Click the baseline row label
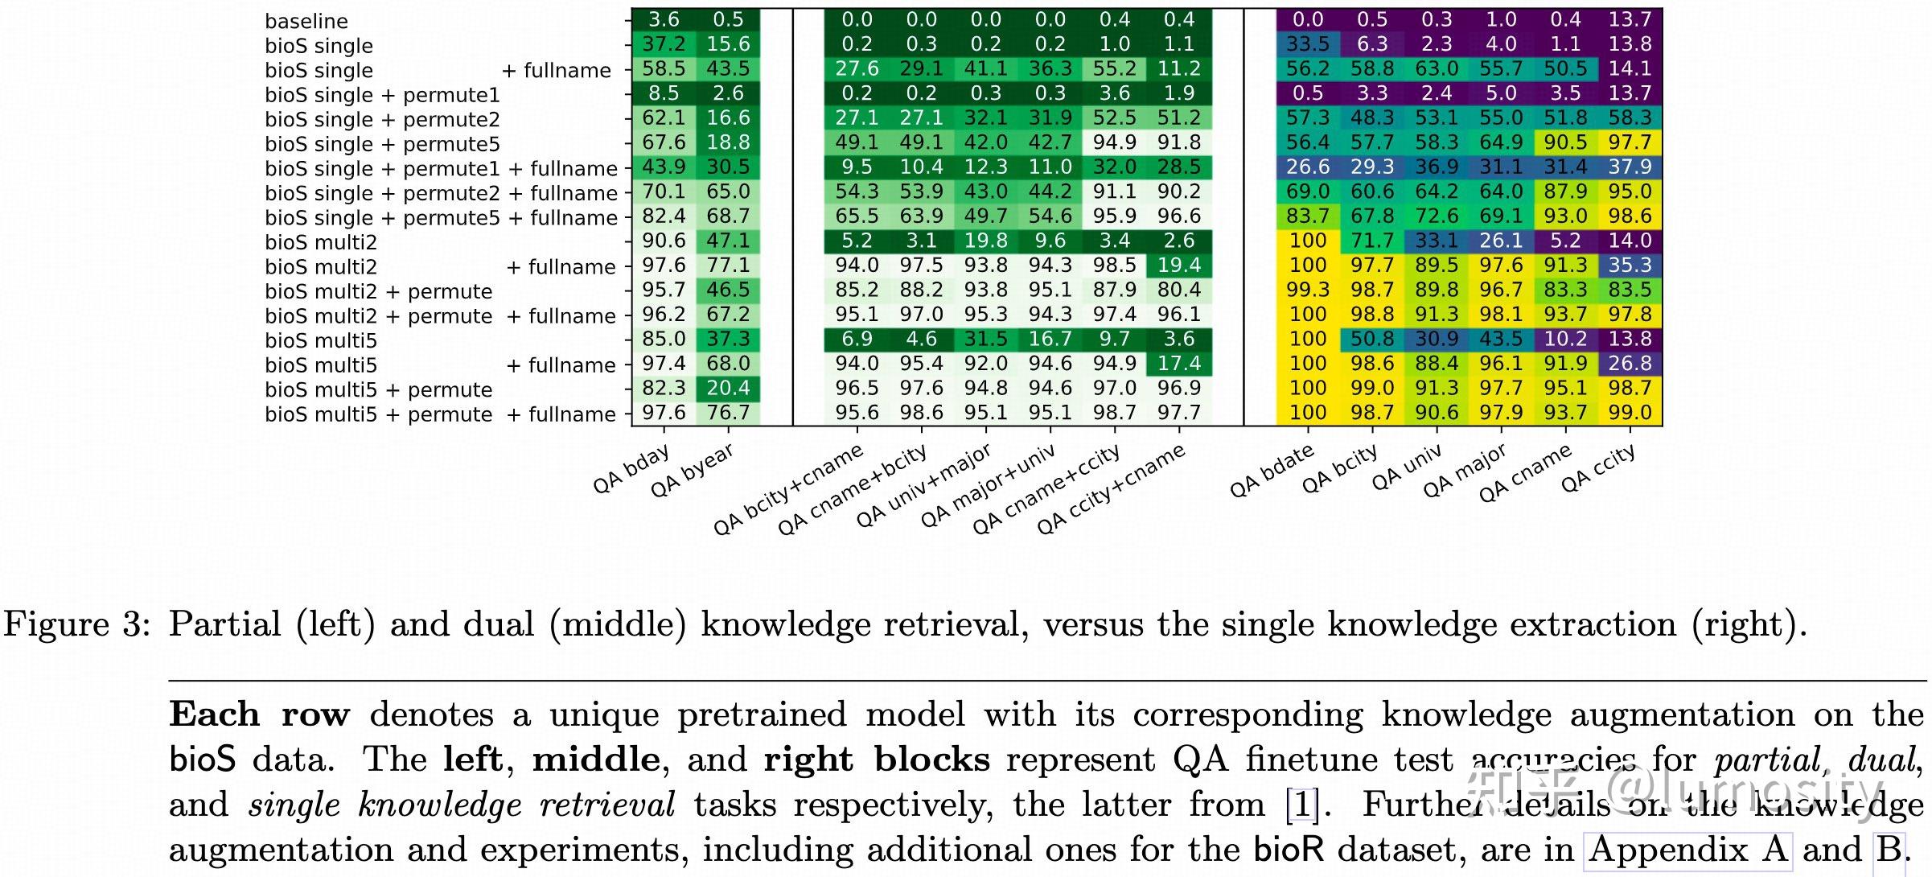[x=306, y=21]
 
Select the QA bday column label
[x=631, y=470]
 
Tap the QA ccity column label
[x=1598, y=468]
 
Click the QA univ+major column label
[x=923, y=486]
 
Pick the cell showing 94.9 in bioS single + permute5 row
[x=1114, y=142]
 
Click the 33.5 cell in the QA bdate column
[x=1308, y=44]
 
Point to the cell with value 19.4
[x=1179, y=266]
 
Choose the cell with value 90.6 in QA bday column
[x=664, y=241]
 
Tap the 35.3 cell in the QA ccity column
[x=1630, y=266]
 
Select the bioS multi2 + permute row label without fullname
[x=378, y=291]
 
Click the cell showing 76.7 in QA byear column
[x=728, y=413]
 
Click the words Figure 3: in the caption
[x=77, y=625]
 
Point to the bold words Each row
[x=260, y=714]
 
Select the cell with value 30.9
[x=1437, y=339]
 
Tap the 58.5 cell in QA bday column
[x=664, y=69]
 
